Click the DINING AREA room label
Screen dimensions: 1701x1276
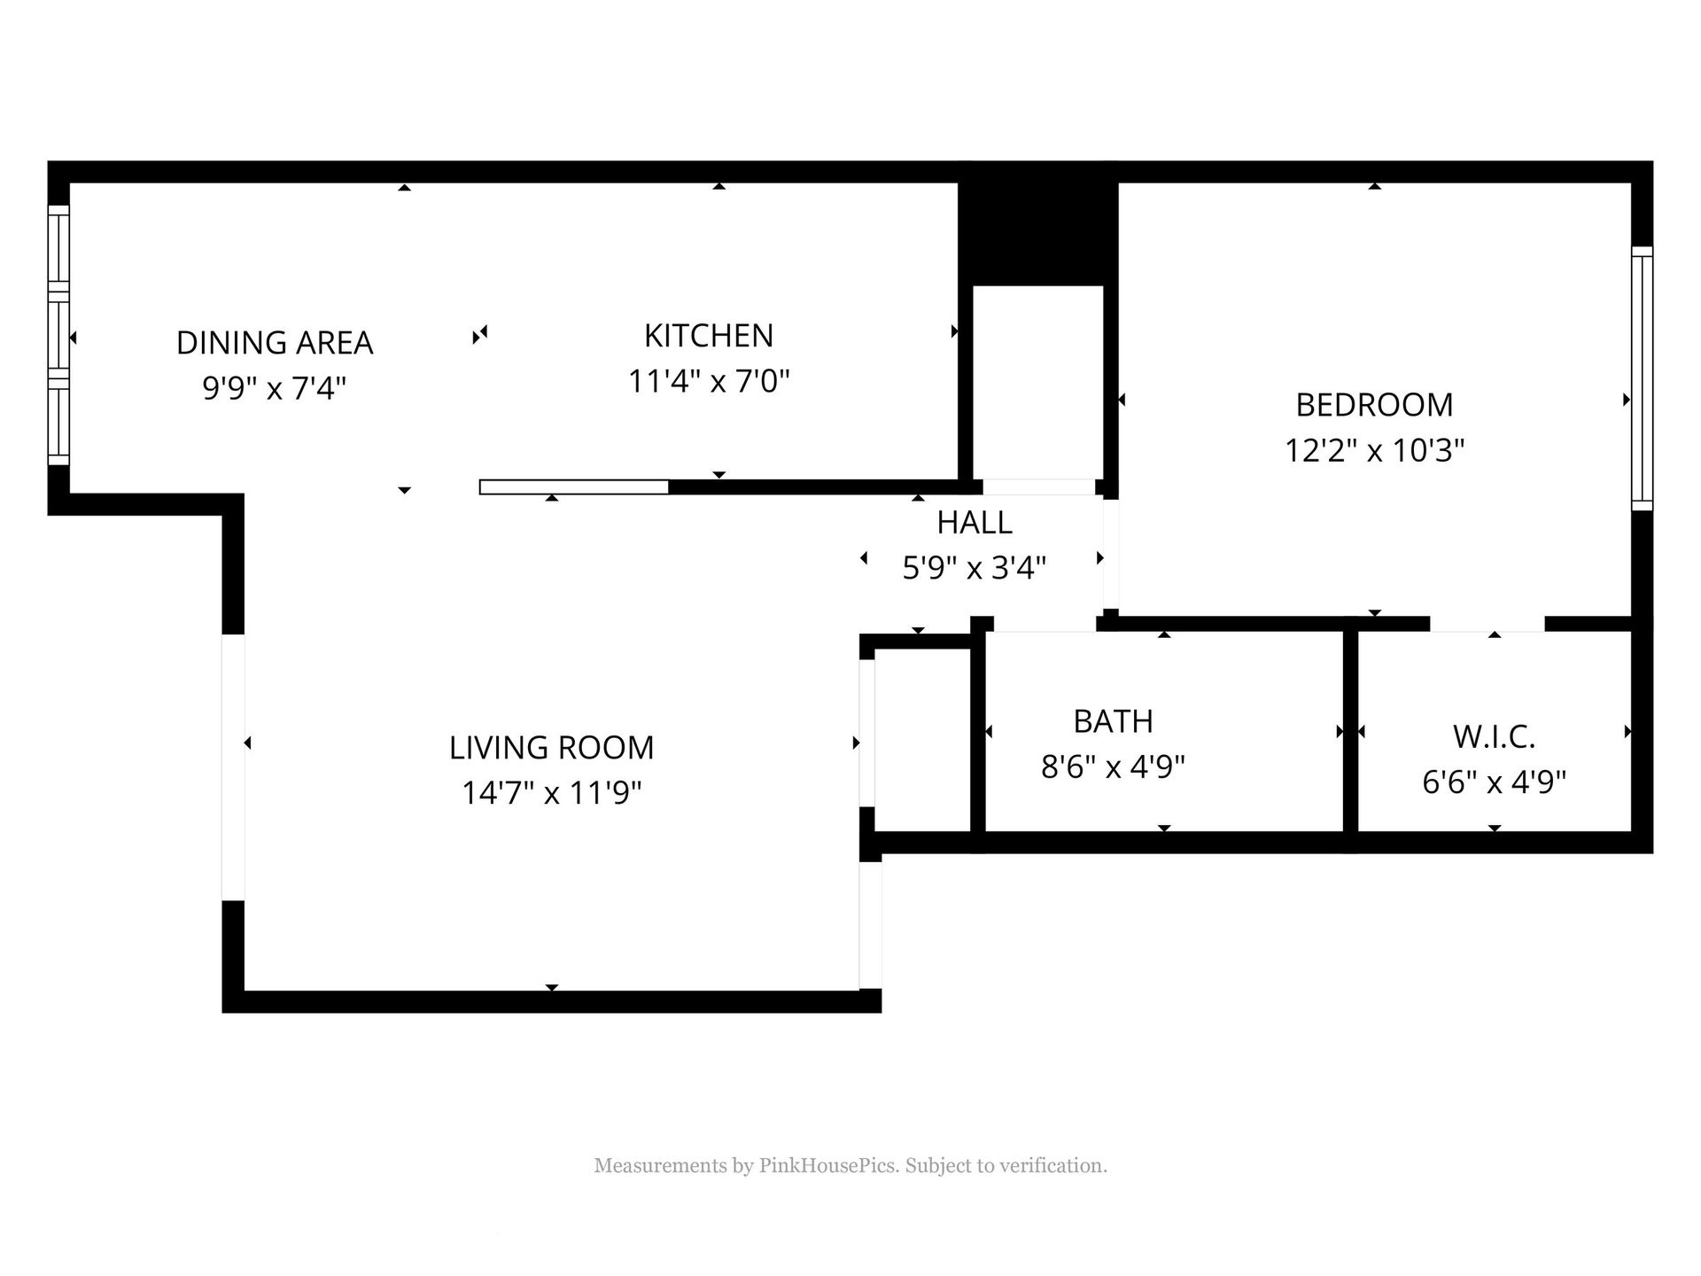[x=275, y=343]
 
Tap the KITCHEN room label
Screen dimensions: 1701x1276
[x=709, y=336]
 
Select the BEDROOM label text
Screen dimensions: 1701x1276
[x=1374, y=405]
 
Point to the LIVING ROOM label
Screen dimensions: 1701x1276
[x=551, y=748]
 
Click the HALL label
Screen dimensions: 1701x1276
[x=975, y=523]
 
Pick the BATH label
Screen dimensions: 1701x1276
[x=1113, y=721]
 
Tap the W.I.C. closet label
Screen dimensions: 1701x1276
[x=1494, y=736]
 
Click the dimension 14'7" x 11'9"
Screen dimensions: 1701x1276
[x=551, y=792]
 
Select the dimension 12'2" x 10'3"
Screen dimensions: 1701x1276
[x=1374, y=450]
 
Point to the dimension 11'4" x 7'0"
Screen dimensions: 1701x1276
[x=709, y=381]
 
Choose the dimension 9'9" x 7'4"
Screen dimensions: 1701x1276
[x=275, y=388]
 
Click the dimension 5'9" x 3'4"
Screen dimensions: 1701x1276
[x=975, y=567]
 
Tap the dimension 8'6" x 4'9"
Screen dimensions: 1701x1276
[x=1113, y=766]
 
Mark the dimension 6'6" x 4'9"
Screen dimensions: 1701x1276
[x=1494, y=782]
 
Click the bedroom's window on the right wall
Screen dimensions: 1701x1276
[x=1642, y=378]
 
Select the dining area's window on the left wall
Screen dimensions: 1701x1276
[x=58, y=335]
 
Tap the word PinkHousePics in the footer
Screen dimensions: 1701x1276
[x=829, y=1166]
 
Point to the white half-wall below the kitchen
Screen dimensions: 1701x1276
[x=574, y=487]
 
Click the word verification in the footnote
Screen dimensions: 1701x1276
[x=1053, y=1166]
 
